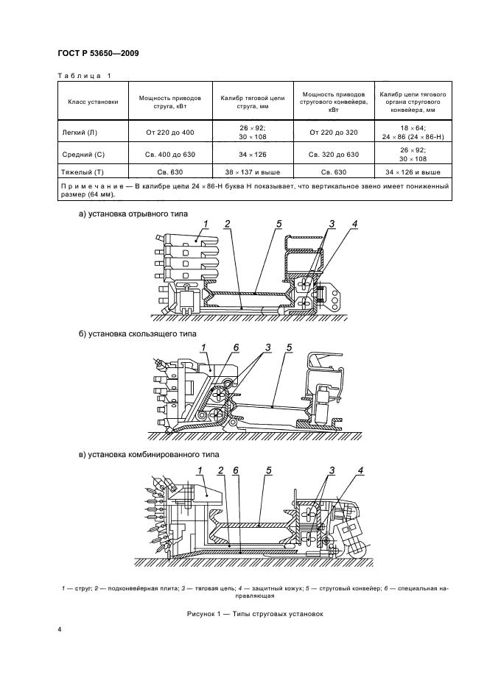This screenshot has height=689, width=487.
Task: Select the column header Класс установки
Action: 93,102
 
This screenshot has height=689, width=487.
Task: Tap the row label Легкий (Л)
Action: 80,132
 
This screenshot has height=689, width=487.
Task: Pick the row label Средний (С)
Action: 83,155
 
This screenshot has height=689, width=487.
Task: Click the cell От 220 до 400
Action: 170,132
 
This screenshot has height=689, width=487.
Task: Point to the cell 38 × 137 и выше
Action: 253,172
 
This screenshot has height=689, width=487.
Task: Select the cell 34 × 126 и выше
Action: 413,172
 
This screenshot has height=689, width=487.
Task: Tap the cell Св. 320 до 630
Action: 334,155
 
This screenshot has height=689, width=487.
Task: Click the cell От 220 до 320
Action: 334,132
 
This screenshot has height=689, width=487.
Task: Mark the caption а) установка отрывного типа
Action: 133,213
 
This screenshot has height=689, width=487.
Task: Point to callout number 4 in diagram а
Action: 354,224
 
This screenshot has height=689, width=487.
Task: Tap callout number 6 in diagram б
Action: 236,346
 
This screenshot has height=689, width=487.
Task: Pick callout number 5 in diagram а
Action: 279,224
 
